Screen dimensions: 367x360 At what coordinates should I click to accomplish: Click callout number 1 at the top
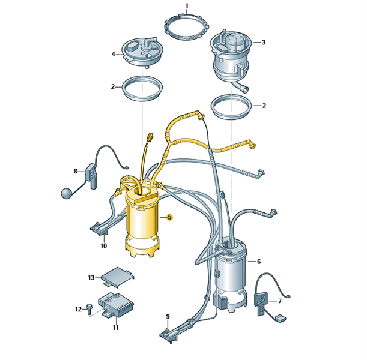point(187,5)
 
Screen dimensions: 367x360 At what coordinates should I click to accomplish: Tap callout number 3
point(264,43)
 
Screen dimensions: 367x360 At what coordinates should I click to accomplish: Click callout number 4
point(114,55)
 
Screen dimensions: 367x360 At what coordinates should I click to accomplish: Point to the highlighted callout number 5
point(169,217)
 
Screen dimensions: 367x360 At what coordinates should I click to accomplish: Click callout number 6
point(259,262)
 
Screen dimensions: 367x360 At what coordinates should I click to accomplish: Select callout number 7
point(279,301)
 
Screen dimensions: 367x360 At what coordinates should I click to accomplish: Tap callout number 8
point(75,172)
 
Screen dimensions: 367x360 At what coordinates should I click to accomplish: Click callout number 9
point(168,317)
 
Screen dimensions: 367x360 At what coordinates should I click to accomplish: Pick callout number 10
point(104,245)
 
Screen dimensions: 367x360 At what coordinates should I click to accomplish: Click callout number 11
point(115,328)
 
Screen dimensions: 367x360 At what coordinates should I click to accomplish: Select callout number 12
point(79,309)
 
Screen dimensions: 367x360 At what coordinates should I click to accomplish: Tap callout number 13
point(91,278)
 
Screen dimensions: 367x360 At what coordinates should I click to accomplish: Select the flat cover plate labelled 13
point(118,277)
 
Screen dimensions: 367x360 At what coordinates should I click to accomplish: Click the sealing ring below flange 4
point(124,91)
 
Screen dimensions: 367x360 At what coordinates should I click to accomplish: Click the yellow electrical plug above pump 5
point(150,137)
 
